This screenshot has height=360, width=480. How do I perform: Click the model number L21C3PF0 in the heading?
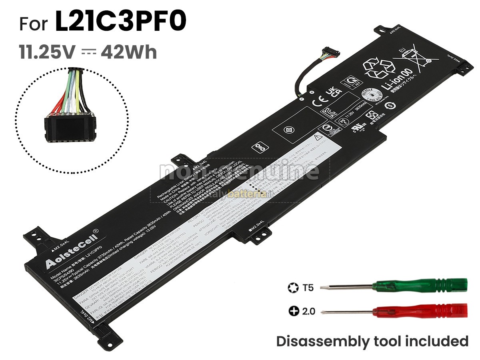point(120,23)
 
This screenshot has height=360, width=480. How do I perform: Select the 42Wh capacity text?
point(129,52)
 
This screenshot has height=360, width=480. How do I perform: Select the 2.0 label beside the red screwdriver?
point(308,311)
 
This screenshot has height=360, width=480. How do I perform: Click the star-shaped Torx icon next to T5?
point(292,287)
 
